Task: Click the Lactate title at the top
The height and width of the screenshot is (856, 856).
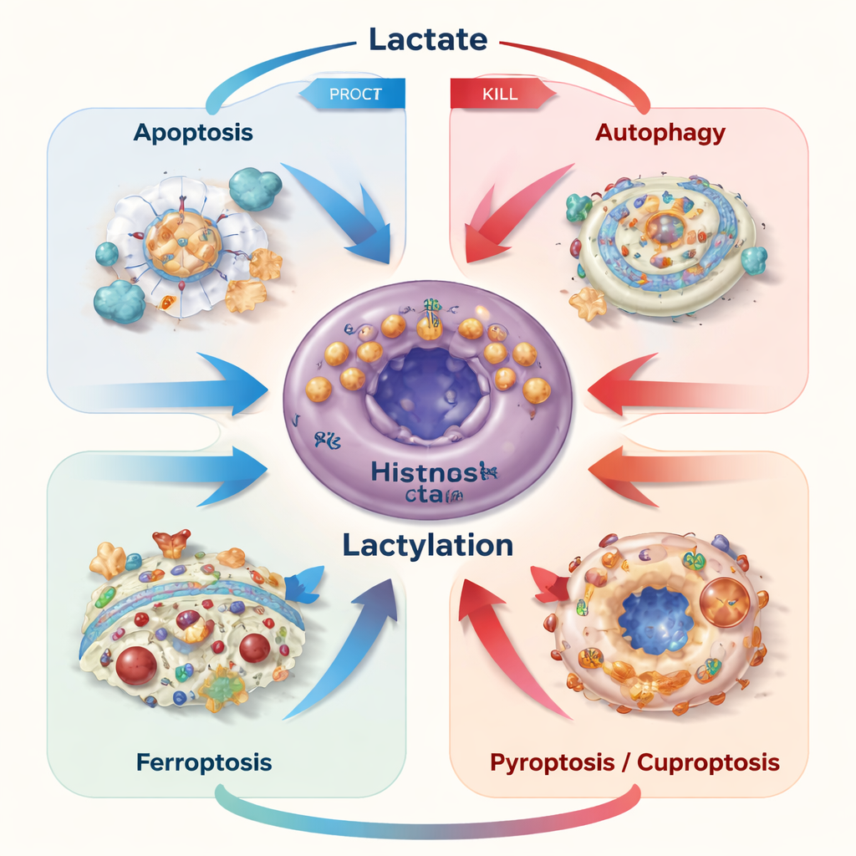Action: click(427, 39)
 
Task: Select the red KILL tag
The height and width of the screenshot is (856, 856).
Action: click(499, 94)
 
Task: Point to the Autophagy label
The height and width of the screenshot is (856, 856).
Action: click(660, 132)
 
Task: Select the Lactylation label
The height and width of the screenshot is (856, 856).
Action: click(427, 545)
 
